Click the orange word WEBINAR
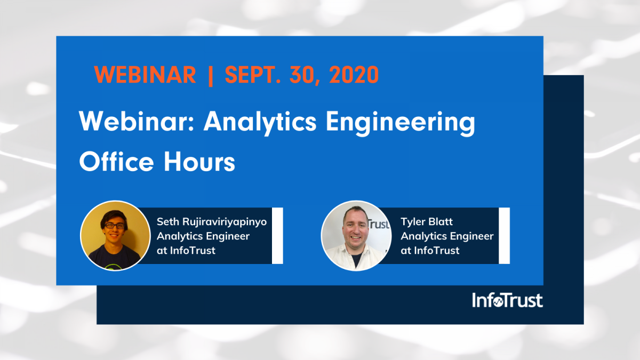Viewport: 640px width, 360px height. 145,75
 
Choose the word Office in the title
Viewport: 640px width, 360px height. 117,162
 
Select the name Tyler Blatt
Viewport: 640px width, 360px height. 427,222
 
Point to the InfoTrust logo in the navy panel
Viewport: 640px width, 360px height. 507,300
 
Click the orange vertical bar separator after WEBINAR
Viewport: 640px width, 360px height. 211,76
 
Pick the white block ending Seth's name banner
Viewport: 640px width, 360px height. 277,235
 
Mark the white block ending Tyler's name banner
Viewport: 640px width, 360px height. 504,235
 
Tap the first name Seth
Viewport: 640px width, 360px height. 167,222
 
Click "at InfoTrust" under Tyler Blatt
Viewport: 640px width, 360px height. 430,250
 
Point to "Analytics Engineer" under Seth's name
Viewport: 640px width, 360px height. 203,236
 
